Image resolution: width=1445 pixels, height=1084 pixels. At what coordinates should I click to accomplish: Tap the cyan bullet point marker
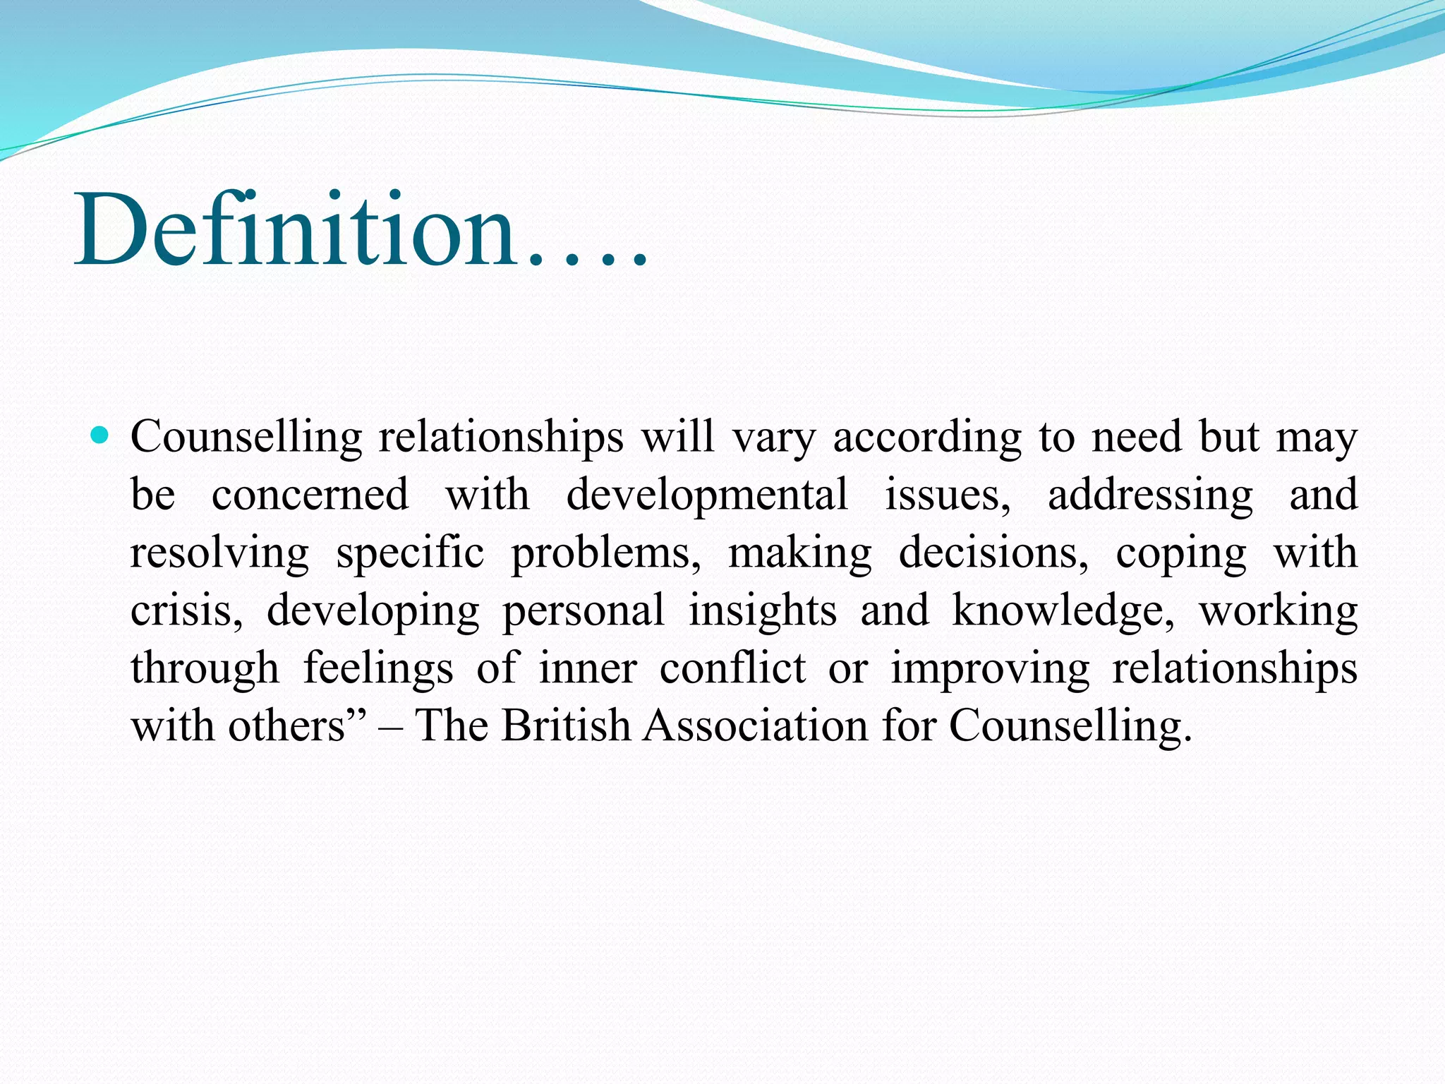click(100, 435)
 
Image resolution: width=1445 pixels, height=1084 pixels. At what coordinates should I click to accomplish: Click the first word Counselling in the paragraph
click(246, 438)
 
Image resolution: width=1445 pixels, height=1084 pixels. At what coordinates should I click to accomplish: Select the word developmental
click(707, 495)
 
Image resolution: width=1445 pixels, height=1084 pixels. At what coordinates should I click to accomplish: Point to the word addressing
click(1150, 495)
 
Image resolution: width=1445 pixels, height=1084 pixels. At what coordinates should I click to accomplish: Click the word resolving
click(219, 553)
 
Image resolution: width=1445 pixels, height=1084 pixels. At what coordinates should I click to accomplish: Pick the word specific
click(410, 553)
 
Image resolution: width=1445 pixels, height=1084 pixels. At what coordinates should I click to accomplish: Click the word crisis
click(186, 611)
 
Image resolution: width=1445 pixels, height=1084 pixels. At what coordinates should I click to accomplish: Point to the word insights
click(762, 611)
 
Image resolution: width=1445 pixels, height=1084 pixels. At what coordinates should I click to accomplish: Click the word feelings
click(378, 669)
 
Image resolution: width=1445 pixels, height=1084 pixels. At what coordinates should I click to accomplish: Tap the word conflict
click(732, 668)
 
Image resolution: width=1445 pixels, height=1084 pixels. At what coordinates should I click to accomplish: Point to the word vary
click(774, 438)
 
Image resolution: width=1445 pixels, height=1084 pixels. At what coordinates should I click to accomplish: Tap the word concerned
click(310, 495)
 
